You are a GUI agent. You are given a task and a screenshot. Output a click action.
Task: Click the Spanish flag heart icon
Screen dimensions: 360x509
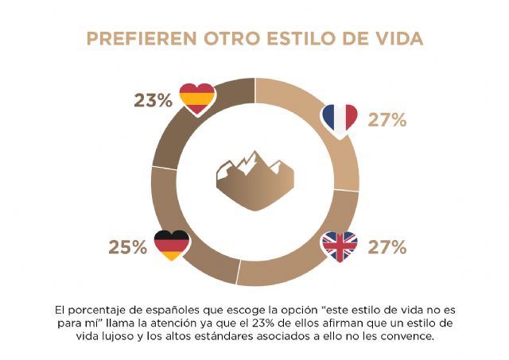[x=196, y=99]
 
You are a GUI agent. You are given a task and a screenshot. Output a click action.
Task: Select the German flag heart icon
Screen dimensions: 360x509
[x=171, y=246]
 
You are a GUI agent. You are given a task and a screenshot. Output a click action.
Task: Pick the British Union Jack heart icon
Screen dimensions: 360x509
[x=339, y=247]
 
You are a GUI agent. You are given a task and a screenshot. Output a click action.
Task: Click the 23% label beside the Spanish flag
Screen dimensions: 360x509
[x=153, y=101]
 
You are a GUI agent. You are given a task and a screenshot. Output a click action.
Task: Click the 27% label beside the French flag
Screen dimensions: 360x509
[x=387, y=121]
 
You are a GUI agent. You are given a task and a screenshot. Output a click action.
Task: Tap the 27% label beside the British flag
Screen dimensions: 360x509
[x=387, y=247]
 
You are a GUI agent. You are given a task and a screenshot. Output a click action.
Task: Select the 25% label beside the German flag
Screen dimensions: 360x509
[x=128, y=247]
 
